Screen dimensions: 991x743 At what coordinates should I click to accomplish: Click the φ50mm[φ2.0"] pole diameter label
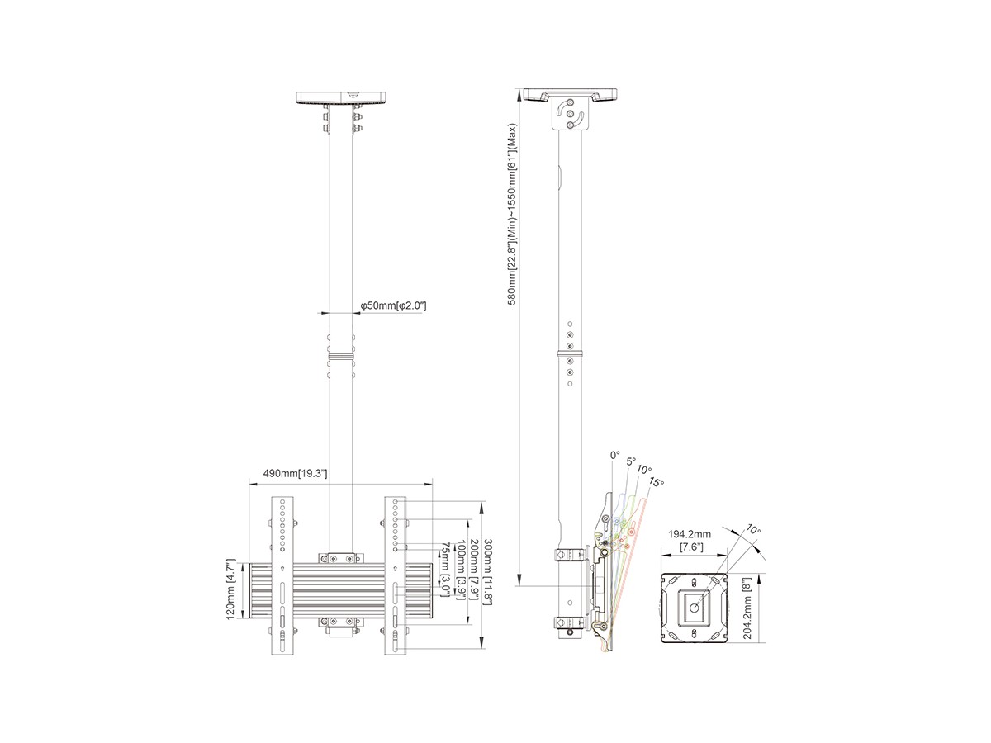coord(393,305)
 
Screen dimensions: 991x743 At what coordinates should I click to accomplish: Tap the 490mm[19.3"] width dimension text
coord(295,473)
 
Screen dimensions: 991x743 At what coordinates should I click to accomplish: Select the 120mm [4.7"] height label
coord(230,590)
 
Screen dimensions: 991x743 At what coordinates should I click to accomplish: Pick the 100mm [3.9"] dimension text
coord(461,570)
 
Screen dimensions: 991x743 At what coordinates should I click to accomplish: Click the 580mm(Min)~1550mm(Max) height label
coord(511,215)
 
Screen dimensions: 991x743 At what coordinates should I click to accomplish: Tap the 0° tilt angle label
coord(615,455)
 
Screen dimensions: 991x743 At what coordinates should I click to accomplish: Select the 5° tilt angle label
coord(631,461)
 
